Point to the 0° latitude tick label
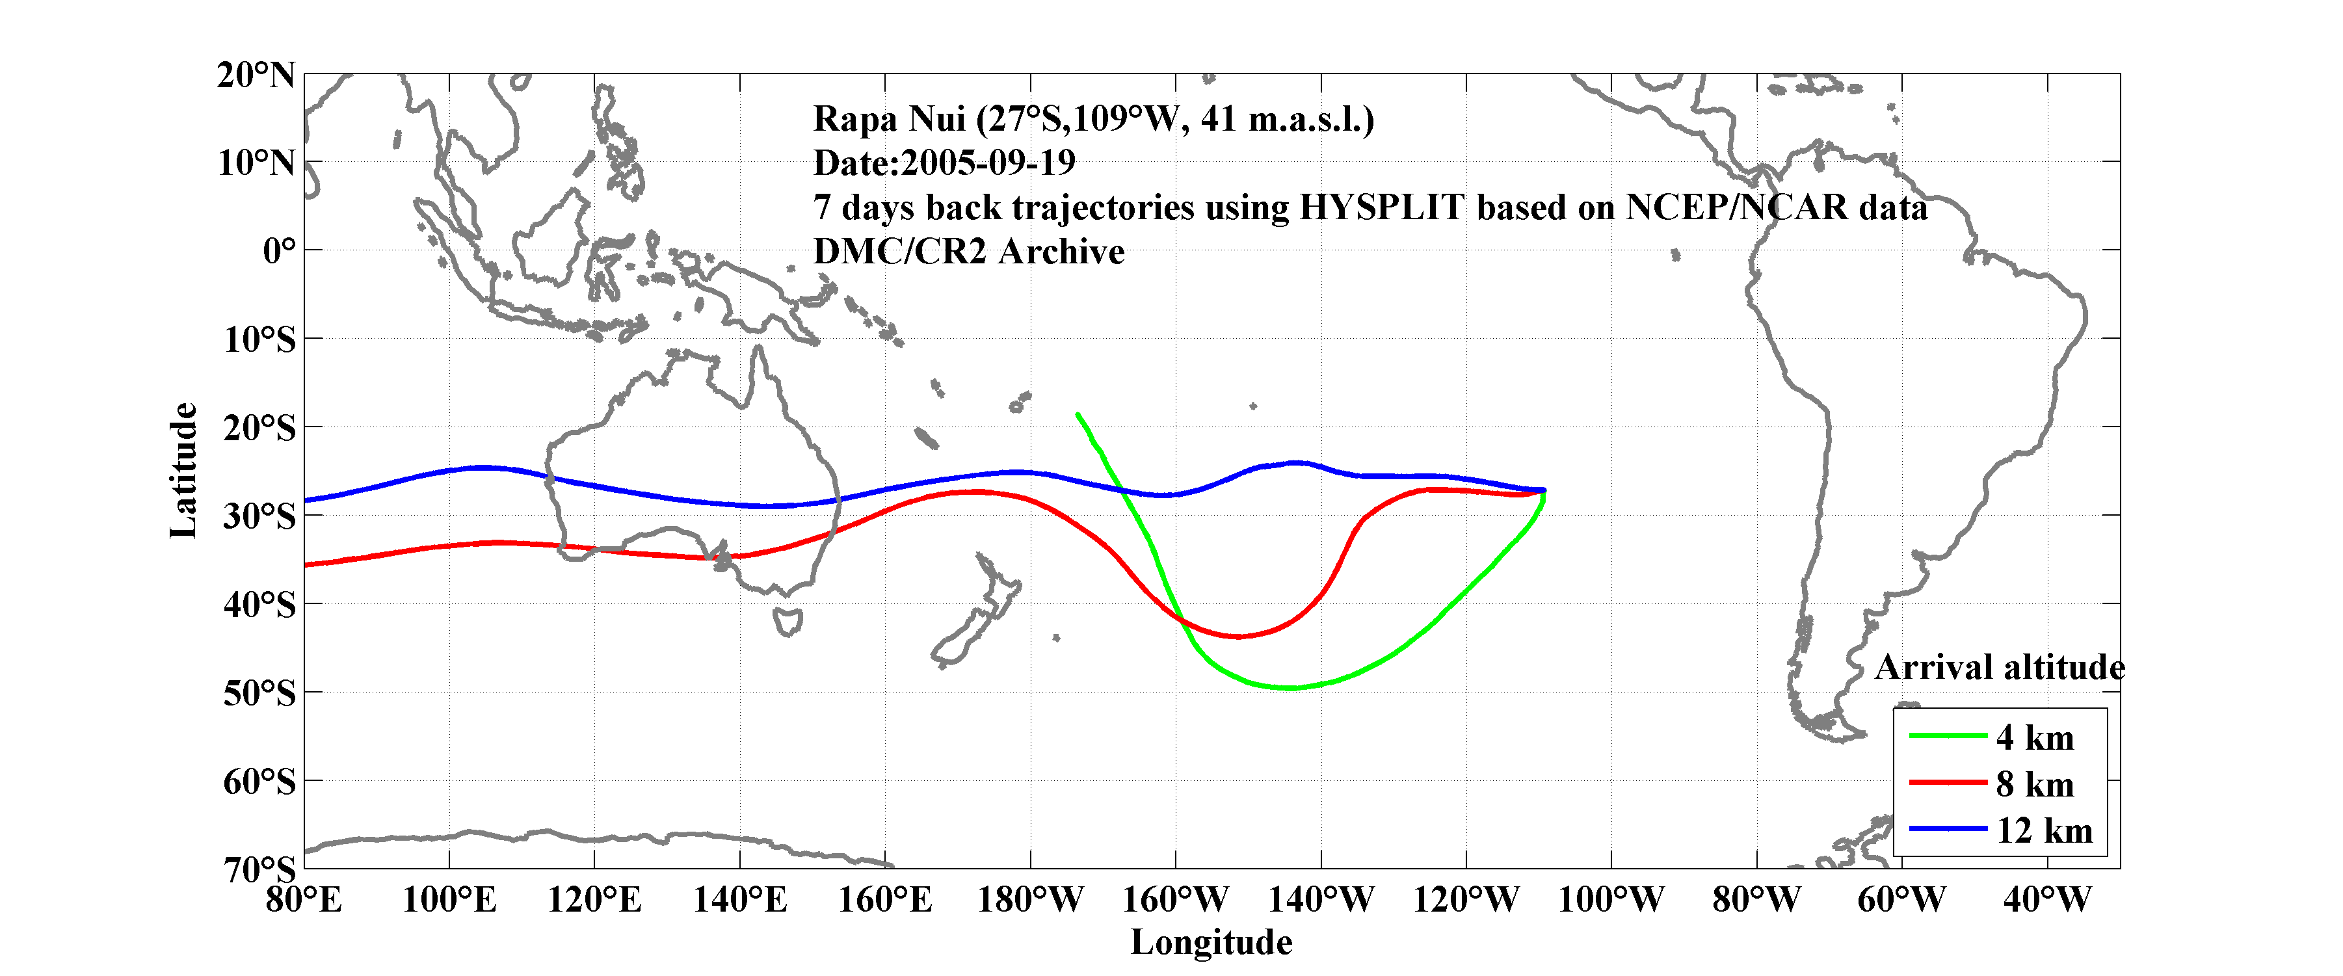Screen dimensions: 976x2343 tap(279, 251)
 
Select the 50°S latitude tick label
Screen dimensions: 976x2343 tap(259, 694)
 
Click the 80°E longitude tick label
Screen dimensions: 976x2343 tap(304, 901)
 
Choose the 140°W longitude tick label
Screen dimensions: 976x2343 tap(1321, 901)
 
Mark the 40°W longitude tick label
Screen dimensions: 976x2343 tap(2046, 901)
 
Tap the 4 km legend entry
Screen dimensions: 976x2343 tap(2035, 737)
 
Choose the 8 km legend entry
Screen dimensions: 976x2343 tap(2035, 784)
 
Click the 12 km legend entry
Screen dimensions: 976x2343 tap(2044, 830)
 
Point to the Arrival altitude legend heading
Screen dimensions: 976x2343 tap(1999, 668)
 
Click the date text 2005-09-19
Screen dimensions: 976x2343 tap(988, 163)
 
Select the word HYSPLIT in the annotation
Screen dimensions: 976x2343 tap(1382, 207)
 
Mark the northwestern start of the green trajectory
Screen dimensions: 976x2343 tap(1078, 415)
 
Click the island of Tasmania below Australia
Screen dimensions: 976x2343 tap(788, 622)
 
